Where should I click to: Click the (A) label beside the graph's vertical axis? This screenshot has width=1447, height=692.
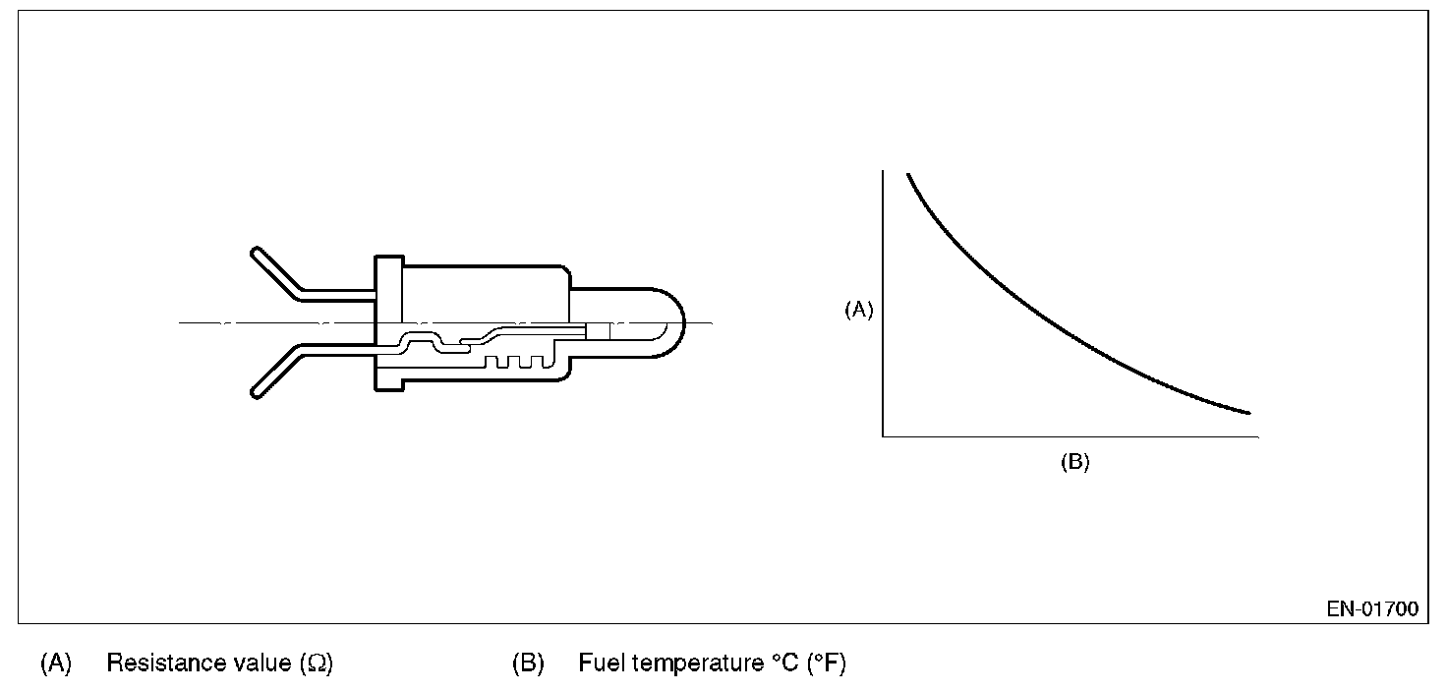click(x=858, y=311)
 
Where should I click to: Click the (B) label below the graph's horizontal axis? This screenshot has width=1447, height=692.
click(x=1074, y=463)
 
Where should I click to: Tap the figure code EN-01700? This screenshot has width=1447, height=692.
click(x=1372, y=609)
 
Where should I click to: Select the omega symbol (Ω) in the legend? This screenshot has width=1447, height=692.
click(x=318, y=664)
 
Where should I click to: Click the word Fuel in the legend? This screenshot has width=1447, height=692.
click(x=601, y=663)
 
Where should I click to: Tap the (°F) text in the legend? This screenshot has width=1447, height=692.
click(x=826, y=663)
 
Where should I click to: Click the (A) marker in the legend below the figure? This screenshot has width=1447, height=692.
click(x=56, y=663)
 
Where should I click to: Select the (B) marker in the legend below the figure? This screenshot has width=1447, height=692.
click(x=528, y=663)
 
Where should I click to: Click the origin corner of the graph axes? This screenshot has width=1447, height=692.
click(x=883, y=434)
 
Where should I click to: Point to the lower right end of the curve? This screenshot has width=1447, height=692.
click(x=1248, y=412)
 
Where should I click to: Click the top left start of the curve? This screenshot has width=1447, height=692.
click(x=907, y=174)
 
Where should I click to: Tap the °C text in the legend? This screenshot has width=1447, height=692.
click(x=781, y=663)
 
